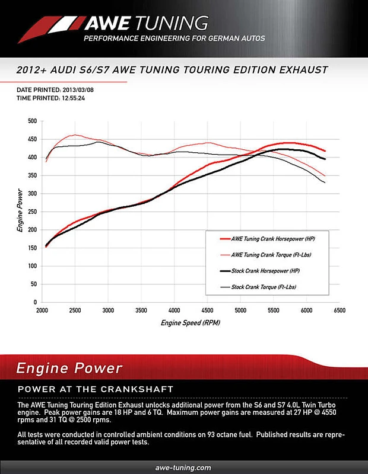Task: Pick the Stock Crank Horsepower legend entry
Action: (x=260, y=271)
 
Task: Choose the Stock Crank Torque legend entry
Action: (x=259, y=287)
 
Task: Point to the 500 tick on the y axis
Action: (x=32, y=121)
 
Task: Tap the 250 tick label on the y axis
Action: (x=32, y=212)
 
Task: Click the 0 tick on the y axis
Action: (x=35, y=303)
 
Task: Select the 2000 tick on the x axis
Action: (x=42, y=310)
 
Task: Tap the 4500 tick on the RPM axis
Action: (x=208, y=310)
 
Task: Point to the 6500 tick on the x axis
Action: (x=340, y=310)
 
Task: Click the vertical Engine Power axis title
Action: (x=20, y=212)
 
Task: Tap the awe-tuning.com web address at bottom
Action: (x=183, y=467)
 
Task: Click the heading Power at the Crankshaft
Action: (x=96, y=389)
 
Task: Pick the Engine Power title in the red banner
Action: (x=70, y=368)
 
